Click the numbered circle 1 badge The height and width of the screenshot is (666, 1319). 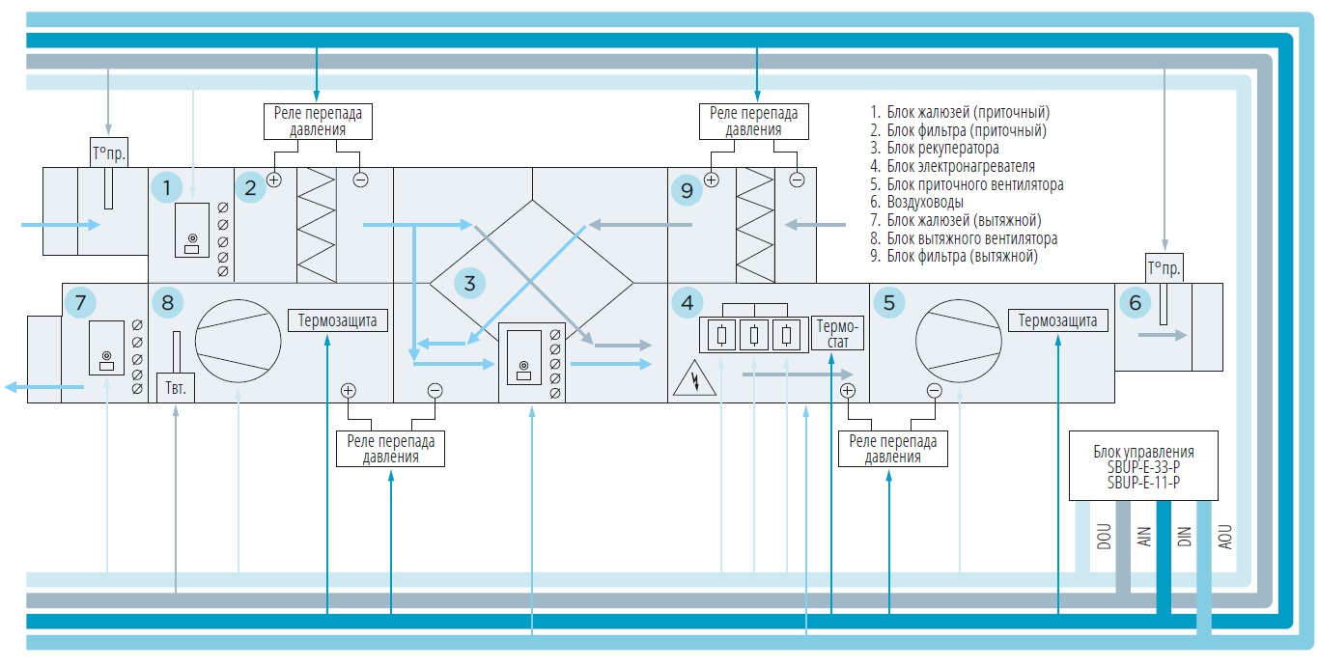tap(167, 187)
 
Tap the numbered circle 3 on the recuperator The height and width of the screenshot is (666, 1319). tap(469, 284)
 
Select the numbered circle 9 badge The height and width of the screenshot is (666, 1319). tap(687, 190)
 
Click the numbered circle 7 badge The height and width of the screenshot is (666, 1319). tap(80, 303)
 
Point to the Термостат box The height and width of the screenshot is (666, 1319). tap(836, 333)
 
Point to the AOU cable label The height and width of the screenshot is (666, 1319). tap(1224, 539)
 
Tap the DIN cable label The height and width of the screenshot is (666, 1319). tap(1184, 539)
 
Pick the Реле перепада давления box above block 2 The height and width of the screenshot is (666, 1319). tap(318, 121)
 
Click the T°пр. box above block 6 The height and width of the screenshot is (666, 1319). tap(1164, 267)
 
